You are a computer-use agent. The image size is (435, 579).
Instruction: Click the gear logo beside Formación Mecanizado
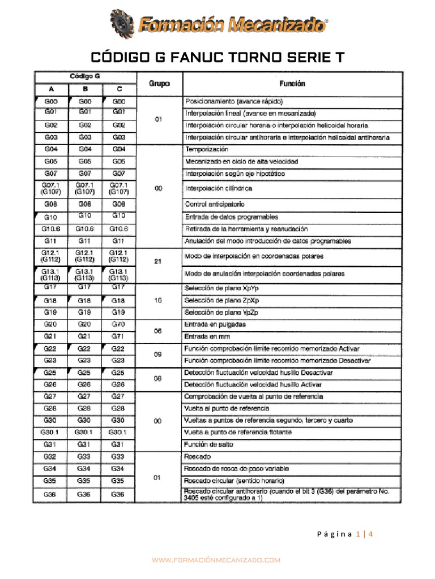pos(123,24)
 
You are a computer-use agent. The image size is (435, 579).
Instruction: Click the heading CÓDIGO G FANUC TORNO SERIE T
pos(217,58)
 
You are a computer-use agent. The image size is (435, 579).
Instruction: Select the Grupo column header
pos(159,84)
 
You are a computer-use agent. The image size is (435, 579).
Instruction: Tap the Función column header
pos(292,84)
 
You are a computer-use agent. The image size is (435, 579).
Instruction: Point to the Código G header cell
pos(85,75)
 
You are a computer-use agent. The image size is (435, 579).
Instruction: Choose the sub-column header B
pos(85,90)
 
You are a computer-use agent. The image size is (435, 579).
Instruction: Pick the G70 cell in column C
pos(118,324)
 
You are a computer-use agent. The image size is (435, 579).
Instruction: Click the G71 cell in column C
pos(118,336)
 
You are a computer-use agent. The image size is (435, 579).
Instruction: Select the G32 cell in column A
pos(51,456)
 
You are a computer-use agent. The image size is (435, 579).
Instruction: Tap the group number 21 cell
pos(159,261)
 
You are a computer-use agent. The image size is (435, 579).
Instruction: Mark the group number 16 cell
pos(159,300)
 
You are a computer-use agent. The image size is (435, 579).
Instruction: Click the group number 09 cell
pos(159,355)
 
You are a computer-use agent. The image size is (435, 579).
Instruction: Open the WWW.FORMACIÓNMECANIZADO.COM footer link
pos(217,560)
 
